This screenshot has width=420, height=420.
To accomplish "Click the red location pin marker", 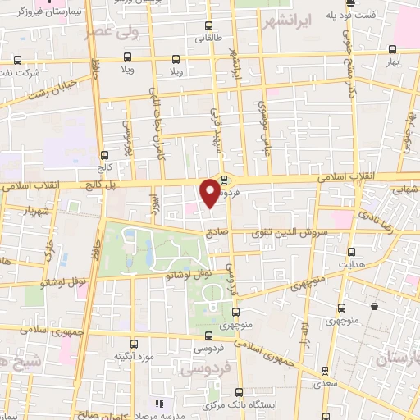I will coord(210,192).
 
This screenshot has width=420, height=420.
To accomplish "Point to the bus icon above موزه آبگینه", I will coord(134,344).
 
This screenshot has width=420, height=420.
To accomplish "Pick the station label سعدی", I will coord(326,382).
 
